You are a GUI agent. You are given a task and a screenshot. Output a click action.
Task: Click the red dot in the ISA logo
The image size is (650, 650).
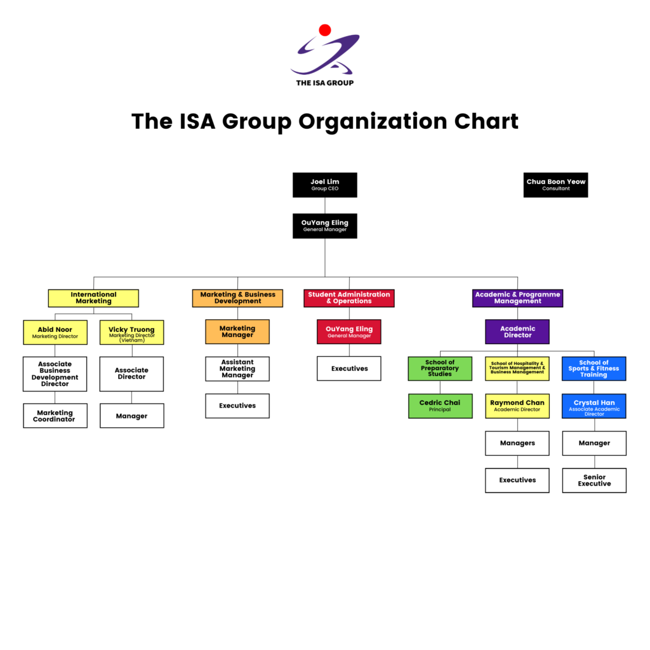click(x=325, y=30)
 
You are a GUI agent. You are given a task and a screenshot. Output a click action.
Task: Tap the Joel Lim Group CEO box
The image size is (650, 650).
click(x=325, y=185)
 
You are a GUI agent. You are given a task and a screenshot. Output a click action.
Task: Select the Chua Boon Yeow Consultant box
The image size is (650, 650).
click(x=555, y=185)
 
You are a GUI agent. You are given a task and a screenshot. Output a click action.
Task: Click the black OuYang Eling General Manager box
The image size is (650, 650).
click(x=325, y=226)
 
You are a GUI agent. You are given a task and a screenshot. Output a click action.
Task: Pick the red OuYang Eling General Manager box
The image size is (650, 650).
click(x=349, y=332)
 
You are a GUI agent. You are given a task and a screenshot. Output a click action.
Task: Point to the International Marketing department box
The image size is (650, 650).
click(x=93, y=298)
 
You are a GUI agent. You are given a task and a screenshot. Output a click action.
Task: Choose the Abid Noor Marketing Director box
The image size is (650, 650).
click(x=55, y=333)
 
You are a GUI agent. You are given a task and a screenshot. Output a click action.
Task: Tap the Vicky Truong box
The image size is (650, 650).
click(x=131, y=333)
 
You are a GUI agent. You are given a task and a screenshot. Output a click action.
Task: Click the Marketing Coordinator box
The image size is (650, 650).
click(x=55, y=416)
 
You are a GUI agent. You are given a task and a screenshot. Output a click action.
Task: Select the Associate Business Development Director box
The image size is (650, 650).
click(x=55, y=374)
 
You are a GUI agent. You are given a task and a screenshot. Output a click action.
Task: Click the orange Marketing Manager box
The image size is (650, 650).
click(x=237, y=332)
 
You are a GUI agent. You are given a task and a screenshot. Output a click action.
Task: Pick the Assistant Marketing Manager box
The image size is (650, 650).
click(x=237, y=369)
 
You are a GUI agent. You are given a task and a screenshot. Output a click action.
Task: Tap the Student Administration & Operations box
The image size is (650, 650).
click(x=349, y=298)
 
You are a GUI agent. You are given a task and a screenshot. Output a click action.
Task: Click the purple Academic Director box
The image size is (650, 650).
click(x=517, y=332)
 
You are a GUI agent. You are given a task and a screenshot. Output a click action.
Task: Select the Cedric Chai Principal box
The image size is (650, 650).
click(x=440, y=406)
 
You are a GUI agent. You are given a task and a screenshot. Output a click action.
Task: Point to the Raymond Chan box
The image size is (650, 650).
click(x=517, y=406)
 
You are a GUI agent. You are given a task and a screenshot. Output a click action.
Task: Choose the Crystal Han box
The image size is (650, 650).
click(x=594, y=406)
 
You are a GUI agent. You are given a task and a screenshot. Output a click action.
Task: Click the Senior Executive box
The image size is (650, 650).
click(x=594, y=481)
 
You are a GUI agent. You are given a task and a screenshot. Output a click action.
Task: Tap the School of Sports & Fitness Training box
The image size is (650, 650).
click(x=594, y=369)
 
